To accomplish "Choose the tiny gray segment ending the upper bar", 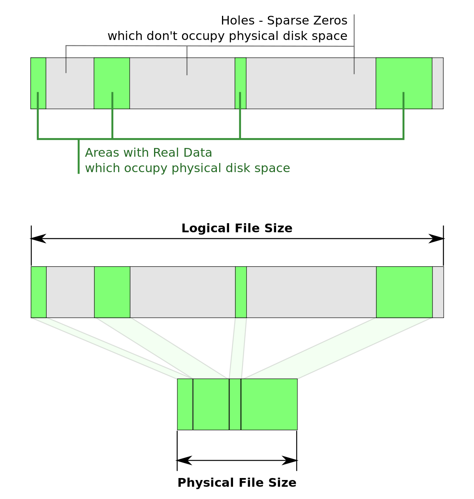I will click(x=438, y=83).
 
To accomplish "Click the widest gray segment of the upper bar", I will click(x=311, y=87).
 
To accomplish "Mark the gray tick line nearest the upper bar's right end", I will click(x=354, y=66).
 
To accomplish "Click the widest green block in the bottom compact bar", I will click(x=269, y=404).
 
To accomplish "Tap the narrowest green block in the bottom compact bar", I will click(x=235, y=404).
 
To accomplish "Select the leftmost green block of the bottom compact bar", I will click(x=185, y=404).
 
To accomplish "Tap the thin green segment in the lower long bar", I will click(x=241, y=292).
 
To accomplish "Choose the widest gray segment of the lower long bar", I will click(x=311, y=292).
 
